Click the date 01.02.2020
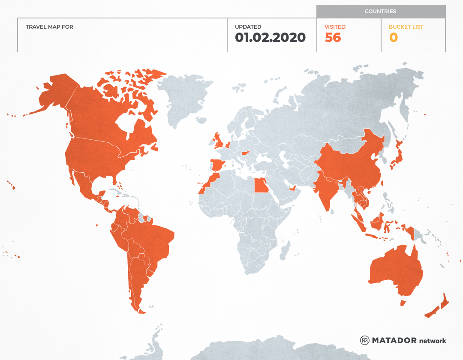pyautogui.click(x=270, y=37)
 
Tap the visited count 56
pyautogui.click(x=333, y=37)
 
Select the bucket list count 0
pyautogui.click(x=393, y=37)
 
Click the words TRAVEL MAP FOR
pyautogui.click(x=49, y=27)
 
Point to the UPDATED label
pyautogui.click(x=248, y=27)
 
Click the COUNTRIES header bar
pyautogui.click(x=380, y=12)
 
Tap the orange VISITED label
pyautogui.click(x=335, y=27)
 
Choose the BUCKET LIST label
pyautogui.click(x=406, y=27)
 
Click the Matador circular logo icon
pyautogui.click(x=364, y=340)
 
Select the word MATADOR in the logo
pyautogui.click(x=394, y=340)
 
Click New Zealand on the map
pyautogui.click(x=442, y=305)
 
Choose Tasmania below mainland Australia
pyautogui.click(x=403, y=303)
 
